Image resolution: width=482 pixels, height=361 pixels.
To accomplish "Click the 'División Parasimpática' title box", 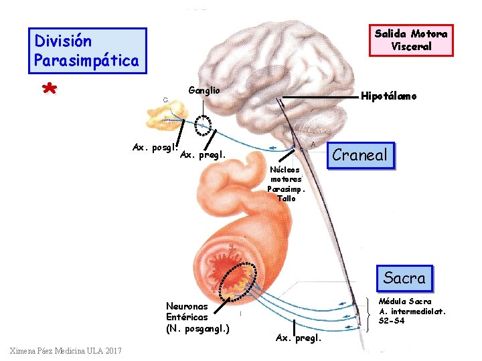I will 87,51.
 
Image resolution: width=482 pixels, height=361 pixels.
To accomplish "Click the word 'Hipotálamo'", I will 388,96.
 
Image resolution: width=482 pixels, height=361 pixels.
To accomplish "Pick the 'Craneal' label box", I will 360,155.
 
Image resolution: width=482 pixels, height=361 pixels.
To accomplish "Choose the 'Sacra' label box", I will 404,277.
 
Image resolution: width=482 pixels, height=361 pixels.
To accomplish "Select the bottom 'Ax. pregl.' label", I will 299,338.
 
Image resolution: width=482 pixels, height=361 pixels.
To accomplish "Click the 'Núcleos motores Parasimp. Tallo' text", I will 286,184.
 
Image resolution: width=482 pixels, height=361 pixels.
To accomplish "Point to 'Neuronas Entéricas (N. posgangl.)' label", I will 197,318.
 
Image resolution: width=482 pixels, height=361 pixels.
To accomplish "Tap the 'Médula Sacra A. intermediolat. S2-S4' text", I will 412,311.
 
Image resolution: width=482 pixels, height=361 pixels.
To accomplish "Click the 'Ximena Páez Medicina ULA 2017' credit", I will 65,352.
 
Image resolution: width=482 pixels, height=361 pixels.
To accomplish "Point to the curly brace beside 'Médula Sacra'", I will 372,312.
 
